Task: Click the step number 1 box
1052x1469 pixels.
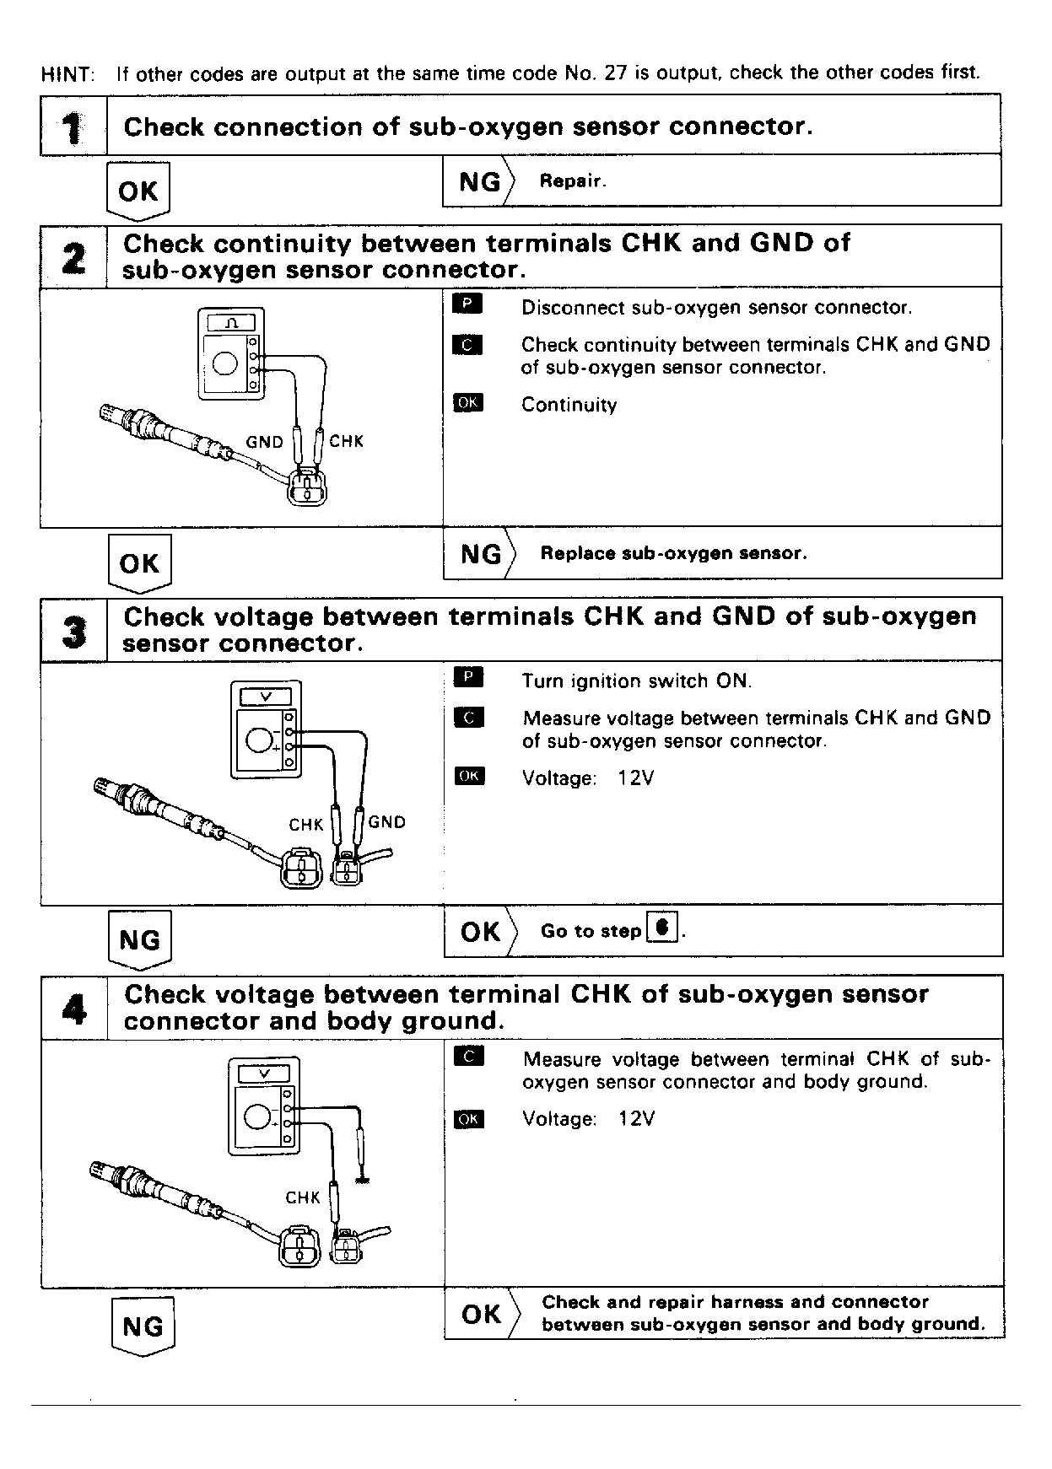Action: coord(73,126)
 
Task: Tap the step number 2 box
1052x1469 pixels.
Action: coord(73,257)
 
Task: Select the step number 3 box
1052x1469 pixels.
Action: coord(73,630)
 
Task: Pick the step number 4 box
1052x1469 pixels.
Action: coord(74,1008)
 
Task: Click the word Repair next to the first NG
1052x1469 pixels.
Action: coord(572,181)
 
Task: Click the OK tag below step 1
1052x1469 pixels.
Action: coord(138,191)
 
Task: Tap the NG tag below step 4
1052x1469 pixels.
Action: coord(143,1326)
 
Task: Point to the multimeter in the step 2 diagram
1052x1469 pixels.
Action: coord(230,353)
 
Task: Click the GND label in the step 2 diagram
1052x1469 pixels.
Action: coord(264,442)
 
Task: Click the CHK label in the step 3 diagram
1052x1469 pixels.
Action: coord(305,825)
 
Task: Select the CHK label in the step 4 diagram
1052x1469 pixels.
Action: coord(303,1197)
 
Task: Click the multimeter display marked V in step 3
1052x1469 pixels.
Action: coord(265,697)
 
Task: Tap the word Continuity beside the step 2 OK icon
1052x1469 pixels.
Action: coord(569,405)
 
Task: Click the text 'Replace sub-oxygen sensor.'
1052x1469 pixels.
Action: coord(673,553)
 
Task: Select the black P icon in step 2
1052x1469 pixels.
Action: coord(467,304)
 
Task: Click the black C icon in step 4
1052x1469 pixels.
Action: coord(468,1056)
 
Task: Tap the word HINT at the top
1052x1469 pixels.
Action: coord(67,73)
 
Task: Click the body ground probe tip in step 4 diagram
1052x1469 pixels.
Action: coord(364,1178)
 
